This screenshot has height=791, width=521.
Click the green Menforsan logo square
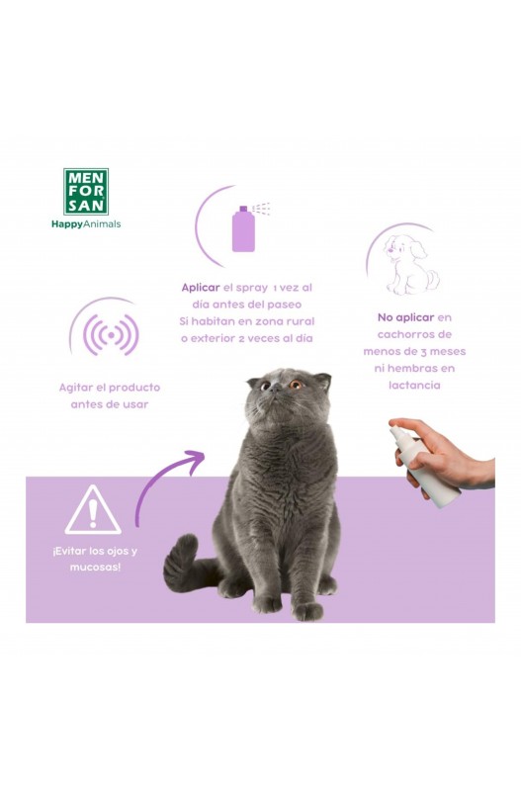pyautogui.click(x=85, y=192)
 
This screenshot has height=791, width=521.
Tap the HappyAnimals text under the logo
pyautogui.click(x=86, y=224)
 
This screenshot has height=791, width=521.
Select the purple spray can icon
pyautogui.click(x=243, y=228)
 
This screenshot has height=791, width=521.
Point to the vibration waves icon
pyautogui.click(x=111, y=334)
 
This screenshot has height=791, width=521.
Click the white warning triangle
pyautogui.click(x=93, y=510)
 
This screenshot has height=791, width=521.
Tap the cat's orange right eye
pyautogui.click(x=296, y=385)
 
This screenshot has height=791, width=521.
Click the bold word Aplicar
pyautogui.click(x=201, y=288)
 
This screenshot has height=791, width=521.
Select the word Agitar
pyautogui.click(x=76, y=388)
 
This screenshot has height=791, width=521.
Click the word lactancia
pyautogui.click(x=414, y=385)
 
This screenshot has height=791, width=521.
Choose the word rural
pyautogui.click(x=301, y=321)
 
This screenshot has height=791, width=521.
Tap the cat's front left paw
pyautogui.click(x=308, y=611)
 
